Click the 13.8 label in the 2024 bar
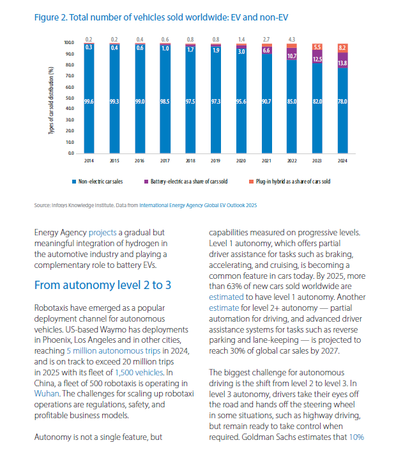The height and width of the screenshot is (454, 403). point(342,63)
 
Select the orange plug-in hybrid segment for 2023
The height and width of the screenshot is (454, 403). point(317,47)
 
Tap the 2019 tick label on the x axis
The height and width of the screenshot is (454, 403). point(216,160)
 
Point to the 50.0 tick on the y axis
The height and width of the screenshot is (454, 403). point(70,98)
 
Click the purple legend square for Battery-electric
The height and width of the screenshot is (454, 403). point(146,182)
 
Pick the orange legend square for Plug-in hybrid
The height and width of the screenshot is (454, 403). point(251,182)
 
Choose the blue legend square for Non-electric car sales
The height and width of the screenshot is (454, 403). point(74,182)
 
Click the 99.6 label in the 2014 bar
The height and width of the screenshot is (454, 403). point(89,102)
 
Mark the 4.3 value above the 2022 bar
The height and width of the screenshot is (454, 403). point(292,40)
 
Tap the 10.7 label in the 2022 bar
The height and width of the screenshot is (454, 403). point(292,56)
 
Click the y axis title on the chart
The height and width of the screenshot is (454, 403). point(51,100)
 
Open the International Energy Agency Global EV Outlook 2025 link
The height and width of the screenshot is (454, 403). point(198,205)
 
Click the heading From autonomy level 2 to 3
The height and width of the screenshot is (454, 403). point(103,285)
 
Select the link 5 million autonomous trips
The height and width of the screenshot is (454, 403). point(114,350)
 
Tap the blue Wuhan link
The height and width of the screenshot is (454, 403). point(47,393)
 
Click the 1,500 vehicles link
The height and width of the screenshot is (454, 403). point(139,372)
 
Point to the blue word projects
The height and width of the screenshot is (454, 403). point(103,233)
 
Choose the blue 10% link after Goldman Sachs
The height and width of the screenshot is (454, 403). point(356,437)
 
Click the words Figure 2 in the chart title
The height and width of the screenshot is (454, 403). point(50,17)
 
